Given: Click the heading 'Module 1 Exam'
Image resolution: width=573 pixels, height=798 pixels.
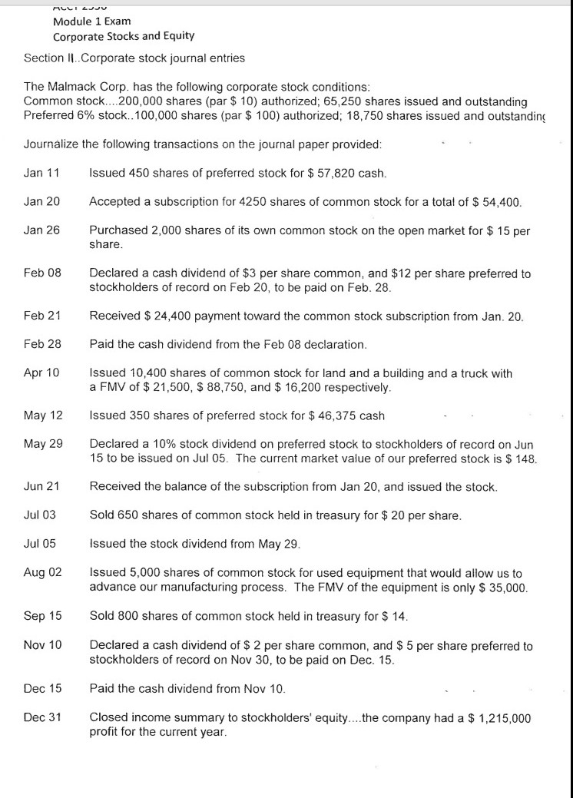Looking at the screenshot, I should [91, 21].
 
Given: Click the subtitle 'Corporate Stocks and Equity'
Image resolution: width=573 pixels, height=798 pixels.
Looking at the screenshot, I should [124, 36].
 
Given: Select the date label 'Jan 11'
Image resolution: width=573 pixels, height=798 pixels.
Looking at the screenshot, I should [41, 174].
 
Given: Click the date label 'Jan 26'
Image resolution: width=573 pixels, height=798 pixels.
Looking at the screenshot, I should [41, 230].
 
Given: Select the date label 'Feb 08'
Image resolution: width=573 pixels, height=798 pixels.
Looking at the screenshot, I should [42, 273].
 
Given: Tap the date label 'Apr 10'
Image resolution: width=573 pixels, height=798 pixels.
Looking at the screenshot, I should [41, 373].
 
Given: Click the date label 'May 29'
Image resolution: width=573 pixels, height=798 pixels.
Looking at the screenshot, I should [43, 444].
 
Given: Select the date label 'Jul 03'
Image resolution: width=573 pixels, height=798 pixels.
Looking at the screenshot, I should [41, 515].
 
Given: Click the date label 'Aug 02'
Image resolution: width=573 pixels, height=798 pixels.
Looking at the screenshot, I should [43, 573].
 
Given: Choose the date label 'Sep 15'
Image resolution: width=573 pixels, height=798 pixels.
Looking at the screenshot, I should [42, 616].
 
